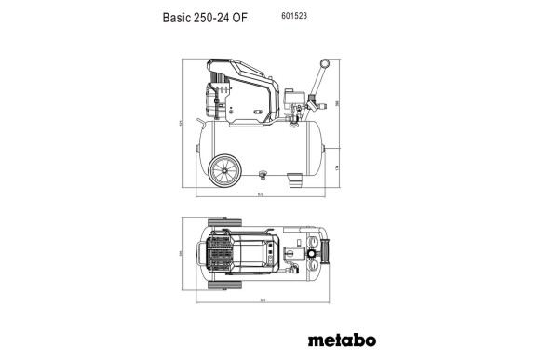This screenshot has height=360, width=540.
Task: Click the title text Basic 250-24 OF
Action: tap(205, 17)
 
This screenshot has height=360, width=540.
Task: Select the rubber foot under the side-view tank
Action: tap(294, 177)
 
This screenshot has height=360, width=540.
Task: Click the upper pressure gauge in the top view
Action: tap(314, 240)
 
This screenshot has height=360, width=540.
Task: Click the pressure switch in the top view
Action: tap(292, 252)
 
